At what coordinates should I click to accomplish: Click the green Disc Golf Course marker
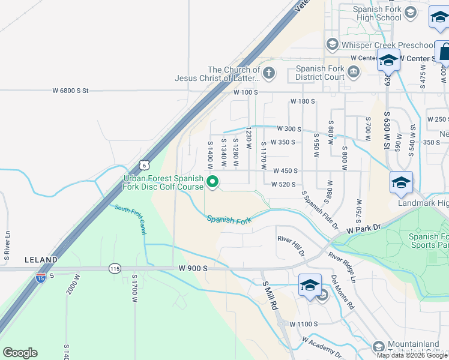[212, 181]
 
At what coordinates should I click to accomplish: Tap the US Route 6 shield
[143, 164]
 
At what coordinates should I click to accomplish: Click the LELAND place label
[41, 260]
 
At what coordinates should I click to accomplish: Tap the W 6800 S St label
[70, 91]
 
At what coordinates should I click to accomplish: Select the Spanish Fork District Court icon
[353, 73]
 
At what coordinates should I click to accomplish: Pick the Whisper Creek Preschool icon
[332, 45]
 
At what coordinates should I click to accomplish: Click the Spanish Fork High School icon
[411, 13]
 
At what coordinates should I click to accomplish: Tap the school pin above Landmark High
[401, 182]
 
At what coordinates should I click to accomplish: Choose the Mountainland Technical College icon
[378, 346]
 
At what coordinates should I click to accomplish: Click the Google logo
[20, 353]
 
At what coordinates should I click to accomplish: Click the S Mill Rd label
[268, 295]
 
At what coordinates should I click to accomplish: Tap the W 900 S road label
[193, 268]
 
